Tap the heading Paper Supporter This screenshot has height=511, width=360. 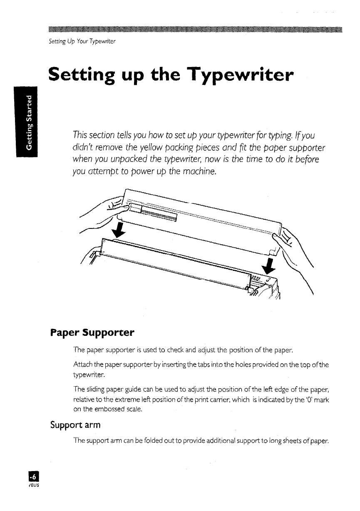point(92,332)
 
